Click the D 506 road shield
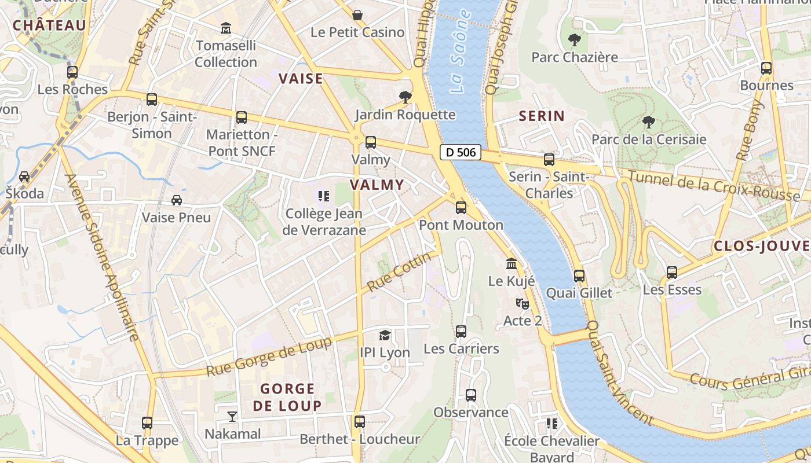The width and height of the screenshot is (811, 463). (x=461, y=152)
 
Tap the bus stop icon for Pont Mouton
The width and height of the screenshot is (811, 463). (x=461, y=207)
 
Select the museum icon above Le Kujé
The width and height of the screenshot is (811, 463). (x=512, y=263)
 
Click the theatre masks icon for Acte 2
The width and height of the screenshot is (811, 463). (x=523, y=303)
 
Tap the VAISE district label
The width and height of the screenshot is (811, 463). (x=301, y=79)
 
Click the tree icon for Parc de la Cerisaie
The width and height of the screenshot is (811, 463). (x=649, y=122)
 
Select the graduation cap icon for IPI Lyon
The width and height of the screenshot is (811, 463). (x=385, y=335)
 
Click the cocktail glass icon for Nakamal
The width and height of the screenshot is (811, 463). (x=232, y=416)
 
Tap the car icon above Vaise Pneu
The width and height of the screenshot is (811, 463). (x=177, y=200)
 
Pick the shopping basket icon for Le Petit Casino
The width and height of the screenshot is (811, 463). (x=357, y=14)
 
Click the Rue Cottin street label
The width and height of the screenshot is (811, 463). (x=400, y=271)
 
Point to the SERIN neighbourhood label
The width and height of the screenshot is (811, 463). (x=542, y=116)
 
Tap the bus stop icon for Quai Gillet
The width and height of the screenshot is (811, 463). (x=579, y=276)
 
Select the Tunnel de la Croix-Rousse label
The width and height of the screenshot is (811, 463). (x=714, y=186)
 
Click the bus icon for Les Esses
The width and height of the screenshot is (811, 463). (x=672, y=272)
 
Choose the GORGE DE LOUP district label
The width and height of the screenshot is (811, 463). (x=287, y=397)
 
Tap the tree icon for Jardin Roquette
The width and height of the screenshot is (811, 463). (x=405, y=97)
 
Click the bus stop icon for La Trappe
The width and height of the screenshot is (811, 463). (x=147, y=423)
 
